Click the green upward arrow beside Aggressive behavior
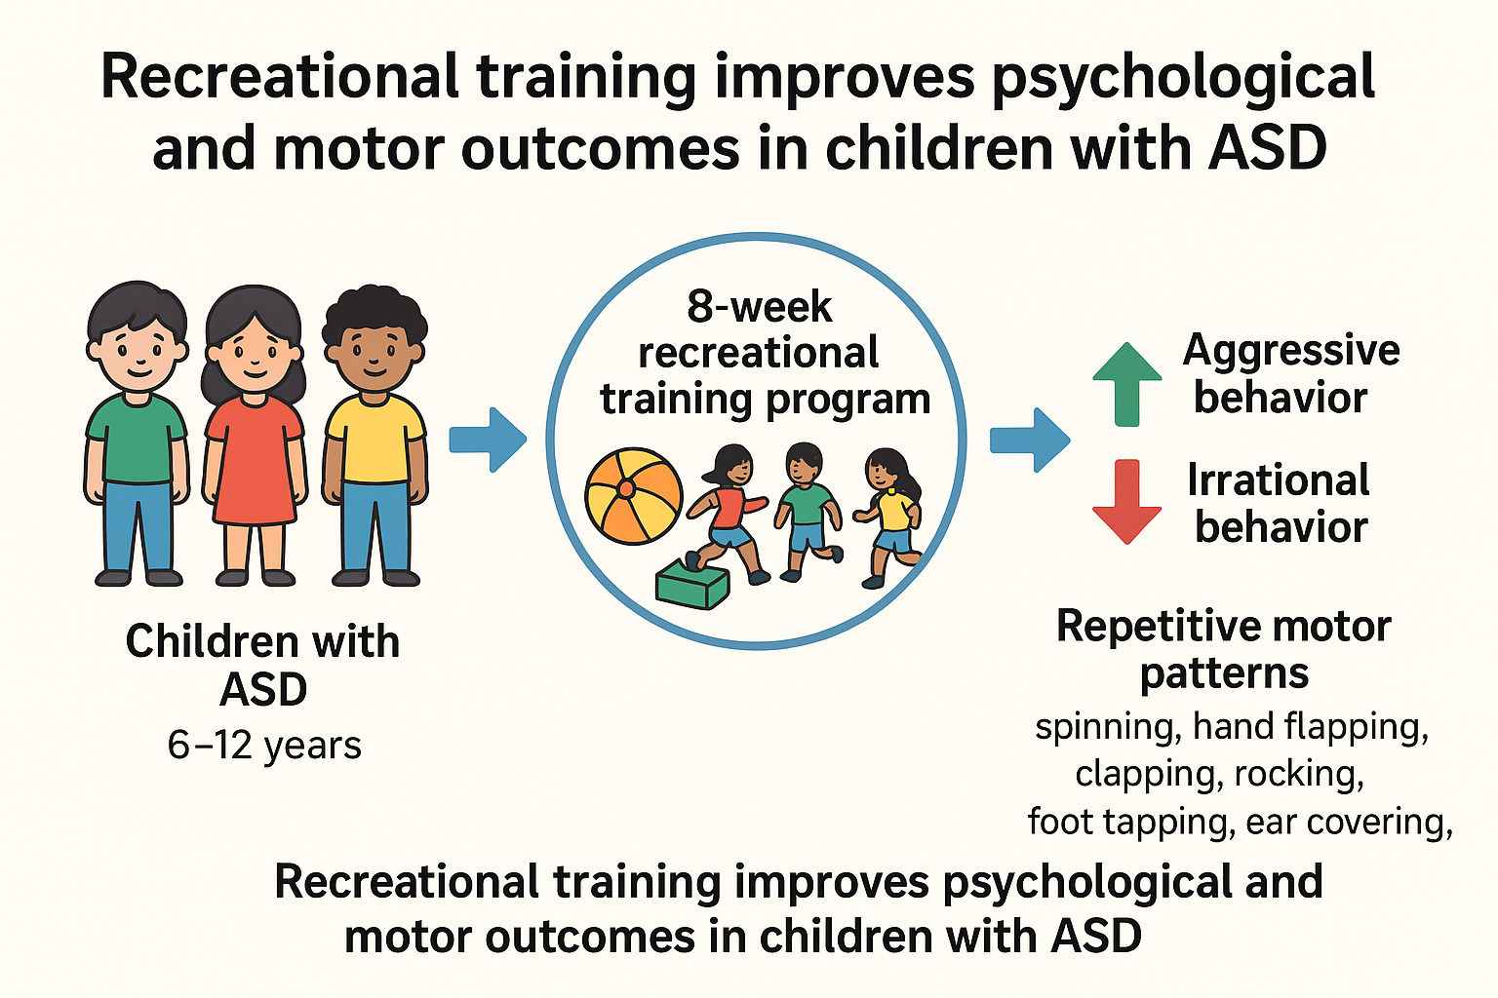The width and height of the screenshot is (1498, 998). click(1127, 384)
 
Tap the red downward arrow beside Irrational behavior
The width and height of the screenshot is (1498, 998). click(1126, 501)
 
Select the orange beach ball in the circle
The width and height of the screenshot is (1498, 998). click(633, 495)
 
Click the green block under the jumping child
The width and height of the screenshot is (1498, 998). click(692, 584)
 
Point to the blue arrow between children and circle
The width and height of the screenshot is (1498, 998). click(489, 440)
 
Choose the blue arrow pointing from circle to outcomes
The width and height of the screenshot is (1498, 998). click(1030, 440)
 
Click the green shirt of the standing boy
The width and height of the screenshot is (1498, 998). click(137, 438)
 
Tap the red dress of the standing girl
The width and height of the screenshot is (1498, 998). click(255, 460)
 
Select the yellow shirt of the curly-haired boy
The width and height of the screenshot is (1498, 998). click(375, 438)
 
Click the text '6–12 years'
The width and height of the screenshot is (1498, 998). click(264, 746)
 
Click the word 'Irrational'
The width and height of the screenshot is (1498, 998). click(1278, 480)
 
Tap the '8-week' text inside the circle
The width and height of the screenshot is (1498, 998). click(759, 307)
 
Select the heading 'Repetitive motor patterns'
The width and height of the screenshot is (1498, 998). click(1224, 649)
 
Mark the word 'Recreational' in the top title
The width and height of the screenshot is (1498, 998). click(279, 77)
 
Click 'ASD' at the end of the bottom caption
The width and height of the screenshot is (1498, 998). click(1095, 936)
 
